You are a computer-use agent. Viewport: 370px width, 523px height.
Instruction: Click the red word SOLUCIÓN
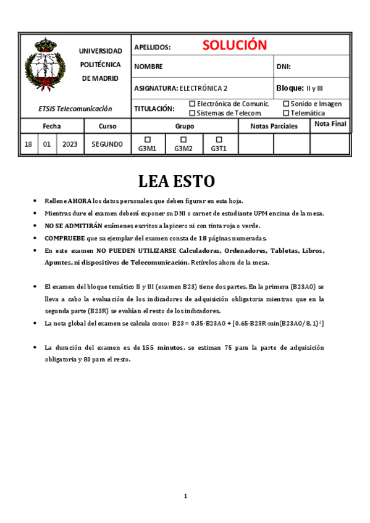[234, 45]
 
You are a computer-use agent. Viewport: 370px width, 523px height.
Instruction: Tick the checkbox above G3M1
[147, 139]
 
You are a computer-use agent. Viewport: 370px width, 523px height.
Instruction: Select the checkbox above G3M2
[183, 139]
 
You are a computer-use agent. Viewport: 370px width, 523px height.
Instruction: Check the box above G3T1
[219, 139]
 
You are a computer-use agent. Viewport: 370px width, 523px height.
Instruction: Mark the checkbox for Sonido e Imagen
[286, 104]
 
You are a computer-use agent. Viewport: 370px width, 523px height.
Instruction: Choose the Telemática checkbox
[286, 113]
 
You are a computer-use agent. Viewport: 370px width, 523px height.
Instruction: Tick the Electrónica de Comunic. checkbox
[192, 104]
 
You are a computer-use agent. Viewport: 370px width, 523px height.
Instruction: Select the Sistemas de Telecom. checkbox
[192, 113]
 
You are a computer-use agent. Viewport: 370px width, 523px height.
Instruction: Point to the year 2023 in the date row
[70, 144]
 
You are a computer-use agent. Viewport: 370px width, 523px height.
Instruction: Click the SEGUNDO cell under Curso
[107, 144]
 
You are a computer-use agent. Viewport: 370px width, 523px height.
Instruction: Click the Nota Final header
[330, 124]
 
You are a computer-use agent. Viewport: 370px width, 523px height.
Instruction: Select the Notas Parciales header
[274, 126]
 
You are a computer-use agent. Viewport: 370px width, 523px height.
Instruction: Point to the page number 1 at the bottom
[185, 496]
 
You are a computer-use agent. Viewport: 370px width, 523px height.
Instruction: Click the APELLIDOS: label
[152, 47]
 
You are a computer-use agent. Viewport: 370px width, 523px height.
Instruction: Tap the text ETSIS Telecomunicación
[75, 109]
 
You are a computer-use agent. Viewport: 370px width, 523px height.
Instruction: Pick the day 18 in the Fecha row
[28, 144]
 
